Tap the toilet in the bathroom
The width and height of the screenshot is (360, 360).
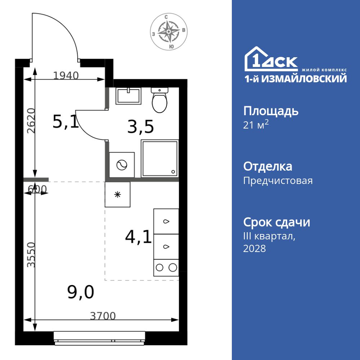[159, 100]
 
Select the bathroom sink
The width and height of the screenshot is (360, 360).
[128, 96]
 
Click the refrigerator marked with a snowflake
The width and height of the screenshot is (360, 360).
[117, 194]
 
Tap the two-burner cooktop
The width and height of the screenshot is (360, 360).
[166, 267]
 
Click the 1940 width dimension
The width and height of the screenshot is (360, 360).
[66, 76]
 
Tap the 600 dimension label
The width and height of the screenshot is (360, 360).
[37, 189]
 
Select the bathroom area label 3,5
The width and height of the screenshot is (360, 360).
[140, 127]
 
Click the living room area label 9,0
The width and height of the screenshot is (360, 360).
[81, 292]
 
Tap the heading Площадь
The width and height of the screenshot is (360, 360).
[271, 111]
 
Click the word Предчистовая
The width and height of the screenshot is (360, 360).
[278, 180]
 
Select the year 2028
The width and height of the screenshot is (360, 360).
[255, 248]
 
